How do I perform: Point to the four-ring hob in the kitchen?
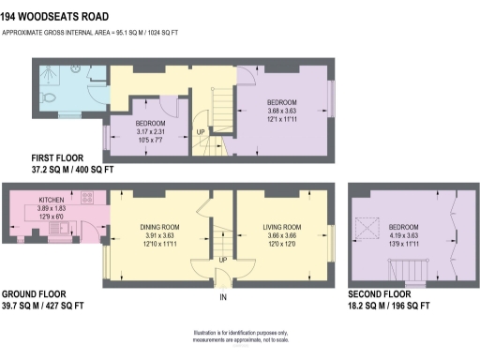point(86,198)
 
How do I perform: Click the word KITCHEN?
point(51,201)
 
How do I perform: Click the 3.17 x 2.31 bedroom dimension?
point(150,132)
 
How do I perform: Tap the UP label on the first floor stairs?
point(201,132)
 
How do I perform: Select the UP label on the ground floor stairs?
point(222,260)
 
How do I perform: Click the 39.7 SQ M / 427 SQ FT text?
point(43,306)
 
